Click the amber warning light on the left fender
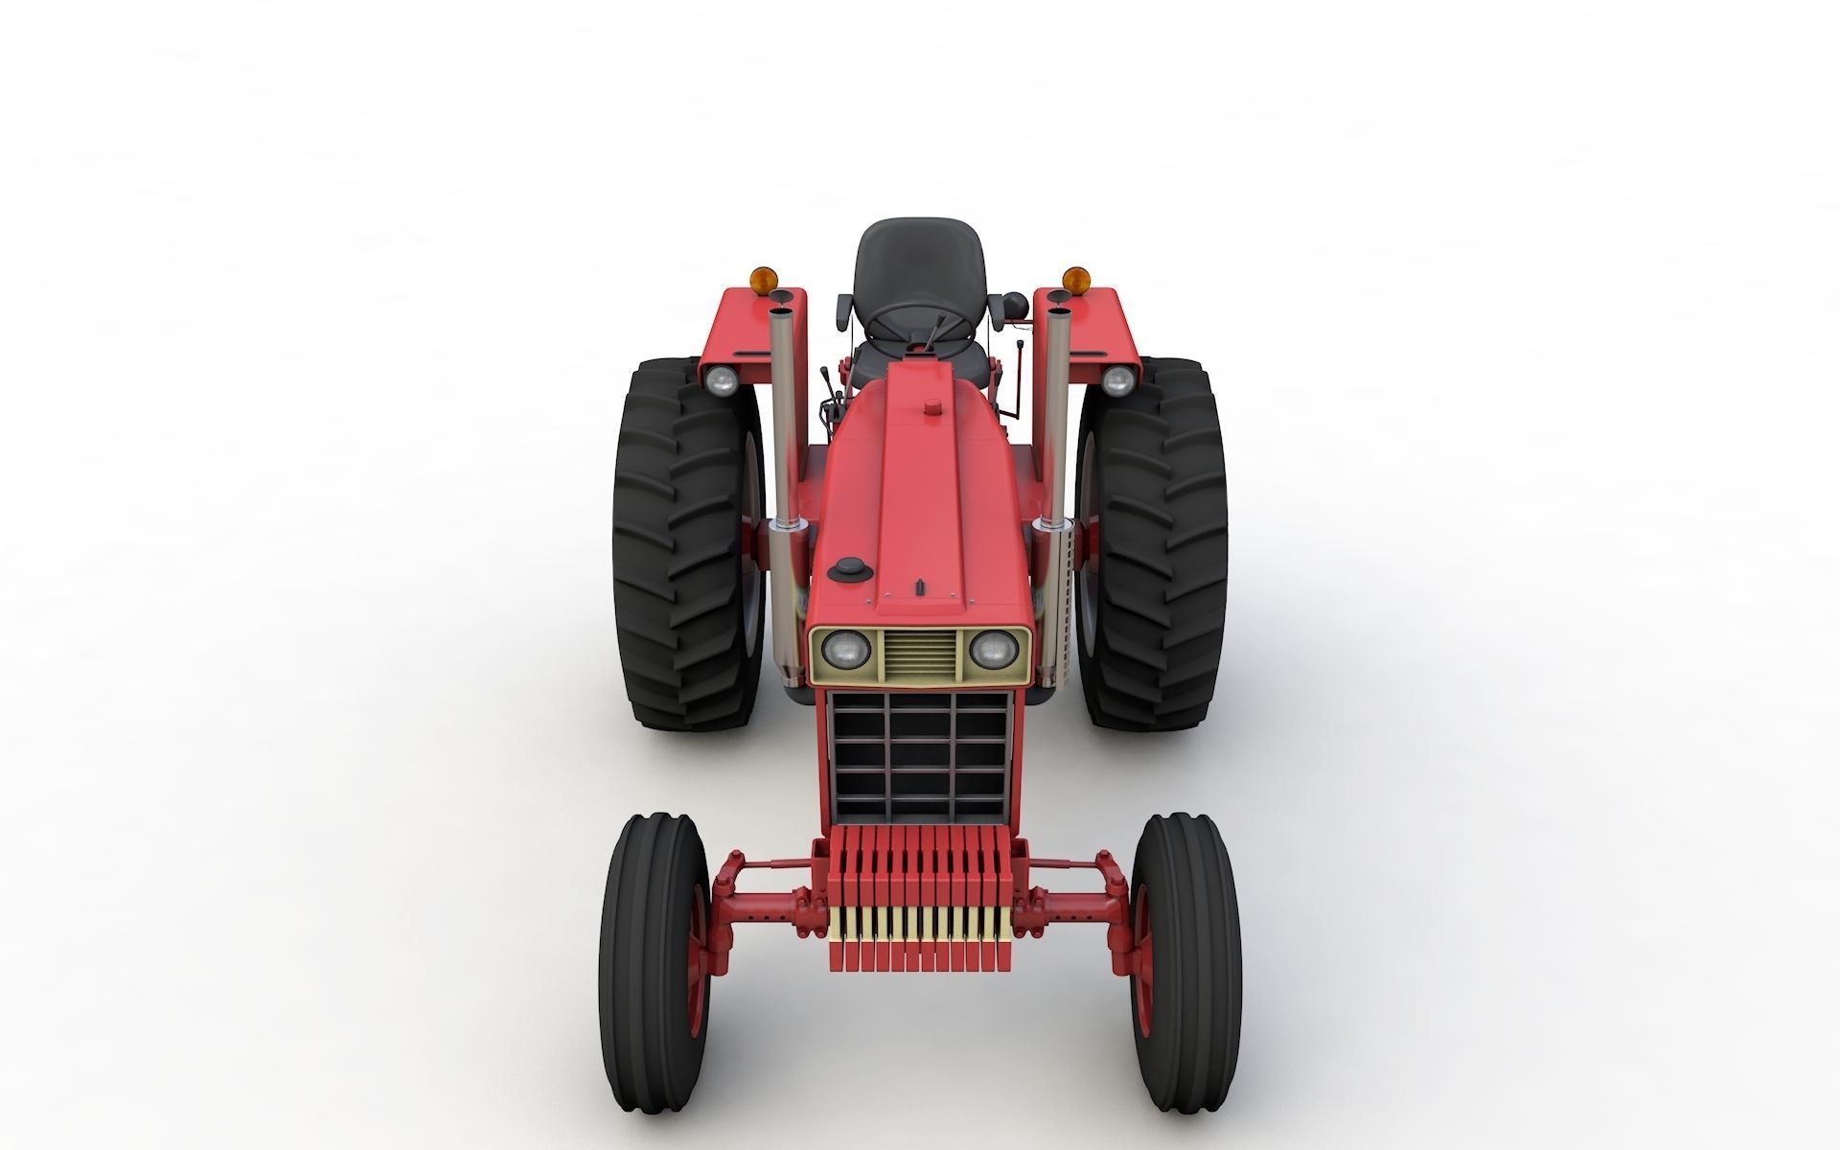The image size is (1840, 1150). [762, 279]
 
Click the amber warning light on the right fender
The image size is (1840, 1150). [1075, 279]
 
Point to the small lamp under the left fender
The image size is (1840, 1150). [722, 381]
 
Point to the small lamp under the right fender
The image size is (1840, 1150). [1115, 381]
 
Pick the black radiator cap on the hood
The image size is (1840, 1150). [847, 569]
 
